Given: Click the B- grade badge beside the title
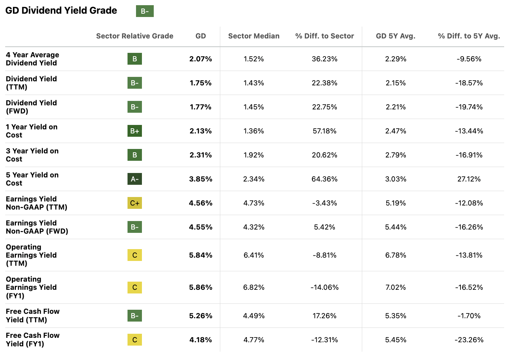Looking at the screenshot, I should click(x=145, y=11).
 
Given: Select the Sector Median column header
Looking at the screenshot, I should click(x=254, y=36).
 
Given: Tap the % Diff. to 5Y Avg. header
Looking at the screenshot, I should click(x=469, y=36).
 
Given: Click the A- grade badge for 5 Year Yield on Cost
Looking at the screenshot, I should click(x=135, y=179).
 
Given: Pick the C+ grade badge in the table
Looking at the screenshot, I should click(x=135, y=203).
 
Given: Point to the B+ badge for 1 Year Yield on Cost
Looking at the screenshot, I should click(x=135, y=131).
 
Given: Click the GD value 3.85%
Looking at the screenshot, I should click(x=201, y=179).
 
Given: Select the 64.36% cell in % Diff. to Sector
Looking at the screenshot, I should click(x=325, y=179).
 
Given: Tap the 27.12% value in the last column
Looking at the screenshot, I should click(x=469, y=179).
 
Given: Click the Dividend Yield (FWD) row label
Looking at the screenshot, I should click(x=31, y=107).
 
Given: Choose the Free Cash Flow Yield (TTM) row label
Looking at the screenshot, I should click(x=33, y=316).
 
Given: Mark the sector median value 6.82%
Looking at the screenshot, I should click(x=254, y=287).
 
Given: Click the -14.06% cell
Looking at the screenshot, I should click(x=325, y=287).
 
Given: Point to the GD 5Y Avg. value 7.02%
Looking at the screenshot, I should click(x=395, y=287).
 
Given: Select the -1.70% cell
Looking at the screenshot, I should click(x=469, y=316).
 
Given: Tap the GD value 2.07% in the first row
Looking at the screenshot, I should click(x=201, y=59).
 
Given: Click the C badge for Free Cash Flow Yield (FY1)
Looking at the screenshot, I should click(x=135, y=340).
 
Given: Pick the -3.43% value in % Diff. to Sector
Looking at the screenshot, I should click(x=325, y=203).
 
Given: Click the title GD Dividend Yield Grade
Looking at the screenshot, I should click(x=61, y=11).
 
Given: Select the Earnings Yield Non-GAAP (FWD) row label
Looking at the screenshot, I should click(x=37, y=227).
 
